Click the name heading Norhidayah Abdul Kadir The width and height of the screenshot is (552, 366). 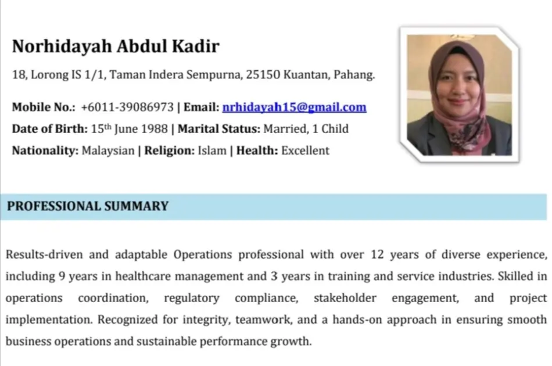pyautogui.click(x=116, y=46)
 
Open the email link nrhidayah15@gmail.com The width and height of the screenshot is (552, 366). pyautogui.click(x=295, y=107)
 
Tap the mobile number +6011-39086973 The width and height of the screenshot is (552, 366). pyautogui.click(x=127, y=107)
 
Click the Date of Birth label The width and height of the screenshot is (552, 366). pyautogui.click(x=50, y=129)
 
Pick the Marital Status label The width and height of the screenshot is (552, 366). pyautogui.click(x=219, y=129)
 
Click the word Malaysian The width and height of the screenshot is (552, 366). pyautogui.click(x=108, y=150)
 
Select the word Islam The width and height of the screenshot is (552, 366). pyautogui.click(x=212, y=150)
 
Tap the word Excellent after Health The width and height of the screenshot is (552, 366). pyautogui.click(x=305, y=150)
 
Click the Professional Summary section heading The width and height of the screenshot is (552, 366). pyautogui.click(x=88, y=206)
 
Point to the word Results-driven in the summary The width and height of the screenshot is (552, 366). pyautogui.click(x=44, y=254)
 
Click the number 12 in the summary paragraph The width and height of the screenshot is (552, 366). pyautogui.click(x=377, y=254)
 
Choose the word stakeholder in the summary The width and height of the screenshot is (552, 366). pyautogui.click(x=345, y=298)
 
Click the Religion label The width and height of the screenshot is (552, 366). pyautogui.click(x=170, y=150)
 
